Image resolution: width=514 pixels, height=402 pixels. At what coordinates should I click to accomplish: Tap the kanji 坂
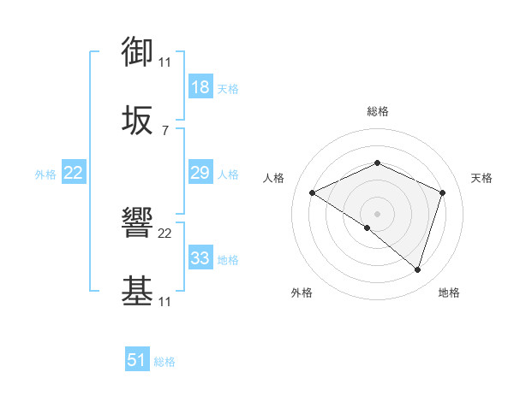coord(138,122)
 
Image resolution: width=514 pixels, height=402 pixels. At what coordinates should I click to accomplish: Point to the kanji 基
coord(138,292)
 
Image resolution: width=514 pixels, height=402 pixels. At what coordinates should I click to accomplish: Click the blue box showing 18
coord(200,87)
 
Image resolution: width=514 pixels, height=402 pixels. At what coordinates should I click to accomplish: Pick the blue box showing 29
coord(200,173)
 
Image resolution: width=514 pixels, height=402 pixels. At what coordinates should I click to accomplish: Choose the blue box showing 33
coord(200,258)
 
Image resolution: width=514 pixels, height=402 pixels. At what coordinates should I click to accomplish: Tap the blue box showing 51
coord(137,360)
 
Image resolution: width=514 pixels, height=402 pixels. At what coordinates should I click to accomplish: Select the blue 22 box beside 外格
coord(73,173)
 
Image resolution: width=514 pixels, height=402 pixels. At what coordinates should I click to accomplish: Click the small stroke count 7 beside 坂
coord(164,130)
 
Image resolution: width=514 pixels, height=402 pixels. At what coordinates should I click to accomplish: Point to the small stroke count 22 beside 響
coord(165,233)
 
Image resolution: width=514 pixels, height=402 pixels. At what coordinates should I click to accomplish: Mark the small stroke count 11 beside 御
coord(164,62)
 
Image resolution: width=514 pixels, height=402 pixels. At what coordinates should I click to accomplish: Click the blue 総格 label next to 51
coord(164,362)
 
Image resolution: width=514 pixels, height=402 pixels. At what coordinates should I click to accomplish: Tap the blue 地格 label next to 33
coord(228,260)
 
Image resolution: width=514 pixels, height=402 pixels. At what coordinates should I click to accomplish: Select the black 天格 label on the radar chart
coord(481,178)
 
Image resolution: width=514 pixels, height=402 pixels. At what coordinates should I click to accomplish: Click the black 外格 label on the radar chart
coord(302,293)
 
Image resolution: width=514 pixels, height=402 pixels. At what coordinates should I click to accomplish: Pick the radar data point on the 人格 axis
coord(313,193)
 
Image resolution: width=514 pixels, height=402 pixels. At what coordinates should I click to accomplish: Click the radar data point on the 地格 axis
coord(417,269)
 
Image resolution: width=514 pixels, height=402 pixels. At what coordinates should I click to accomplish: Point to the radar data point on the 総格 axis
coord(377,163)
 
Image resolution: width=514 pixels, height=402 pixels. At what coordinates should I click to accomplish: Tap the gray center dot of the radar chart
coord(377,213)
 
